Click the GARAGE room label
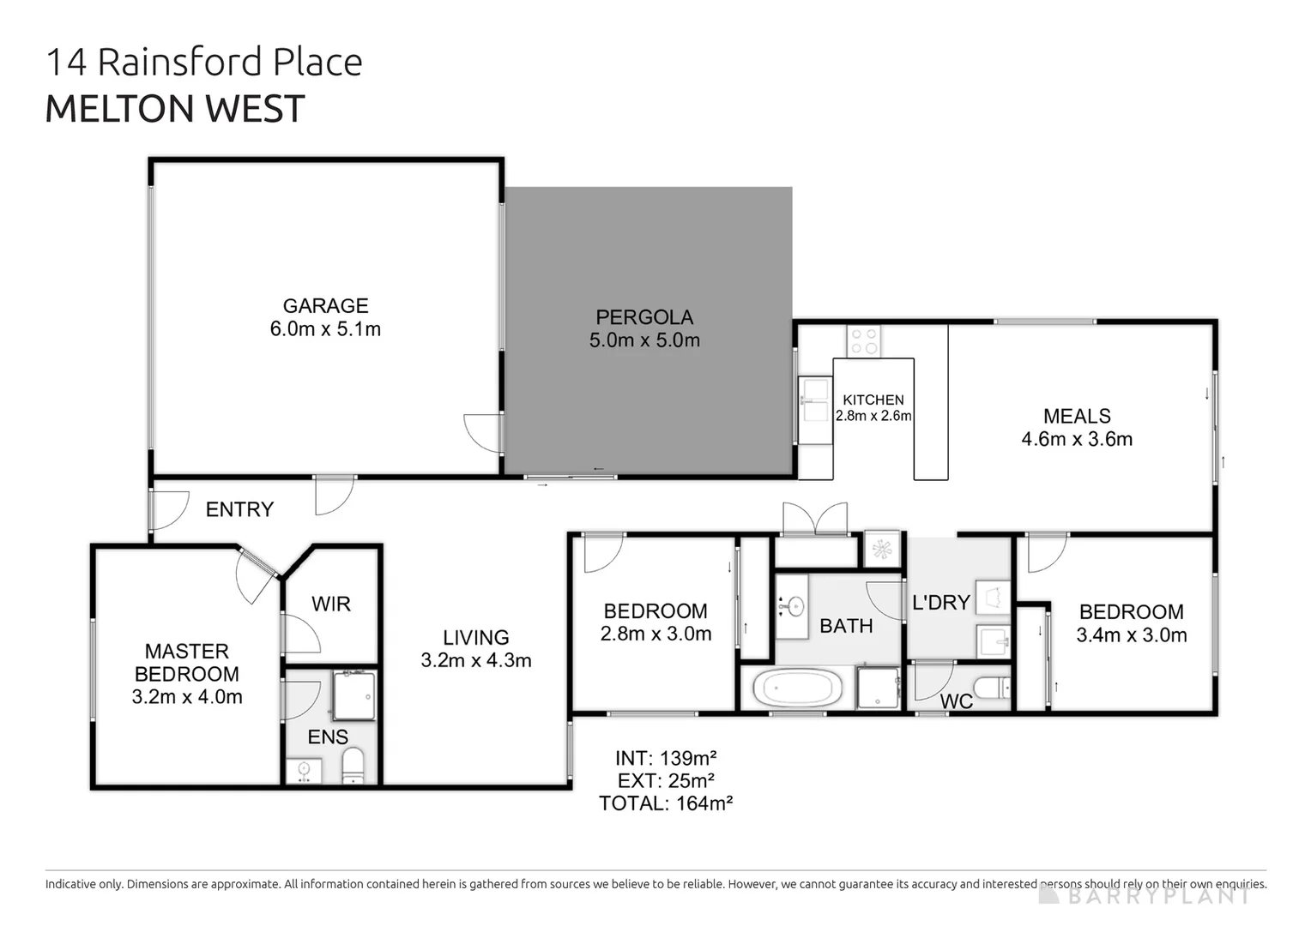[325, 306]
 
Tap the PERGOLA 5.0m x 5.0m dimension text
[644, 340]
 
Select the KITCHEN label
[873, 400]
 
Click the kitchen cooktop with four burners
[864, 340]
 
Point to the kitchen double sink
[813, 410]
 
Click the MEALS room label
[1077, 417]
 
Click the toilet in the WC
[995, 687]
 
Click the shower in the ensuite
[353, 695]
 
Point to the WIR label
[331, 604]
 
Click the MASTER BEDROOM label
[187, 663]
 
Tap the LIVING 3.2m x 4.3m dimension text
[476, 661]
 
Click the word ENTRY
[239, 509]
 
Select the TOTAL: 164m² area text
[666, 803]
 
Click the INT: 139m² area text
[666, 758]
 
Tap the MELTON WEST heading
[175, 109]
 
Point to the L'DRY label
[940, 603]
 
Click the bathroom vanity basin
[794, 607]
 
